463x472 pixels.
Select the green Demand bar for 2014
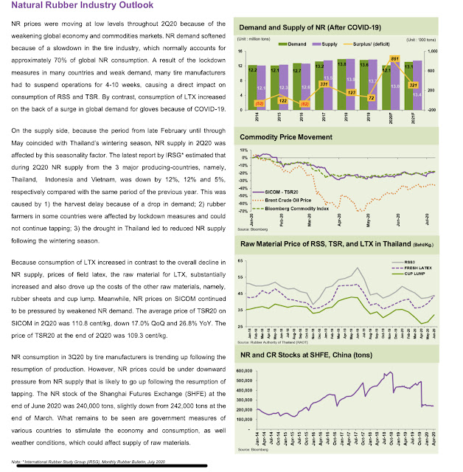pos(252,87)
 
